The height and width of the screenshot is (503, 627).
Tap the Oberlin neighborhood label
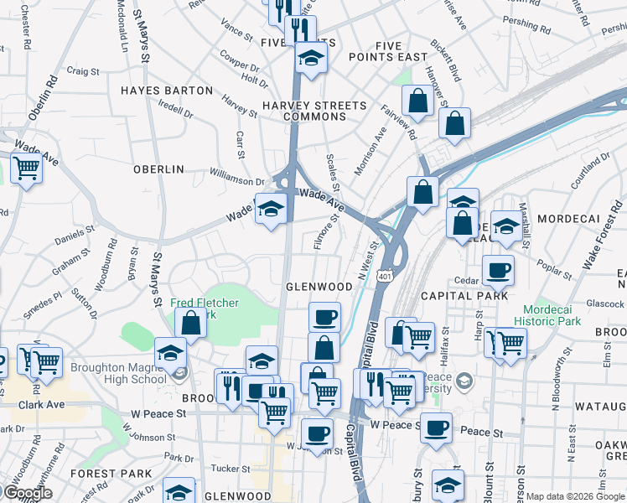[x=158, y=169]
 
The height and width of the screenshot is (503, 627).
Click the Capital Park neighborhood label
[x=464, y=296]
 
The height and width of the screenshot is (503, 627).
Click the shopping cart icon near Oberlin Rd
[x=26, y=170]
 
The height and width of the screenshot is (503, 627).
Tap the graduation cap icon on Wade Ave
[x=271, y=210]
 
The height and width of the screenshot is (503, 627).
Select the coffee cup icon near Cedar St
[x=498, y=272]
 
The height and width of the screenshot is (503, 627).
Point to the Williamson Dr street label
[x=237, y=179]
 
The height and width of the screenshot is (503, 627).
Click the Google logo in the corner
[x=28, y=493]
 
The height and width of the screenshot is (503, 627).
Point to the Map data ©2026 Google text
[x=574, y=496]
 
